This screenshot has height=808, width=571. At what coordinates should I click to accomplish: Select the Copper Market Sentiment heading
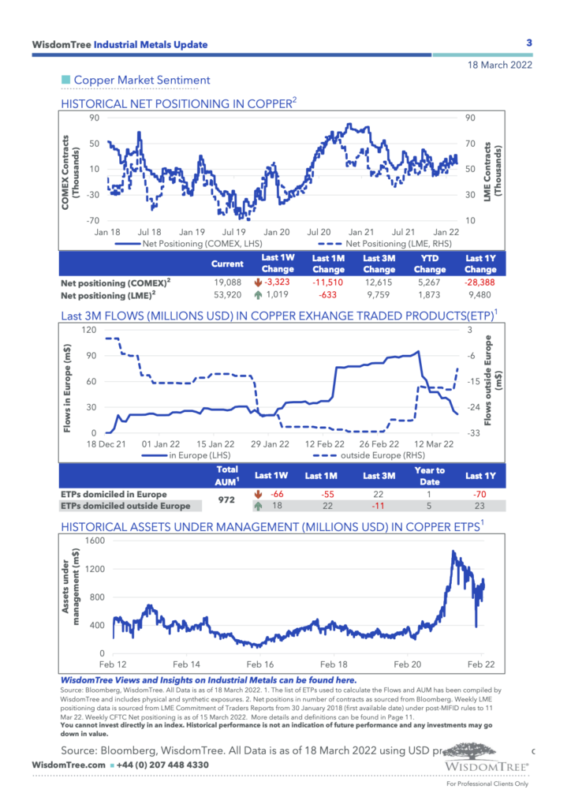tap(142, 80)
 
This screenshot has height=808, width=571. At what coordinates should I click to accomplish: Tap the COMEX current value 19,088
tap(227, 282)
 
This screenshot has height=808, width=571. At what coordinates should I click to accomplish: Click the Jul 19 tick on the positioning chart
tap(233, 233)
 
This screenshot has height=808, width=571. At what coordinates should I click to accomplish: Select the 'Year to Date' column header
tap(430, 475)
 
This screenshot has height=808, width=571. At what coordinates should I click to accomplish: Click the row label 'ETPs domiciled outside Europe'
tap(125, 507)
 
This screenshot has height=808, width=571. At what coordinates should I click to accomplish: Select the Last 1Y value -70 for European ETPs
tap(475, 494)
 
